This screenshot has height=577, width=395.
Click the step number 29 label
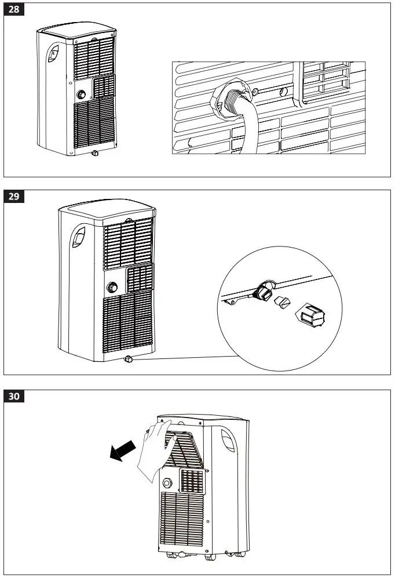[15, 197]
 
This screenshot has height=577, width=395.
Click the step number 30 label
[15, 397]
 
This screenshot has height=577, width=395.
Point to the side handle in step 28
[53, 54]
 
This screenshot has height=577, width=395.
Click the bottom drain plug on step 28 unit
[93, 154]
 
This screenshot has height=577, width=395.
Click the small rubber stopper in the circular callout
[281, 301]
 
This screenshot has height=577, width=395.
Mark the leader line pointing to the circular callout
[185, 358]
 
